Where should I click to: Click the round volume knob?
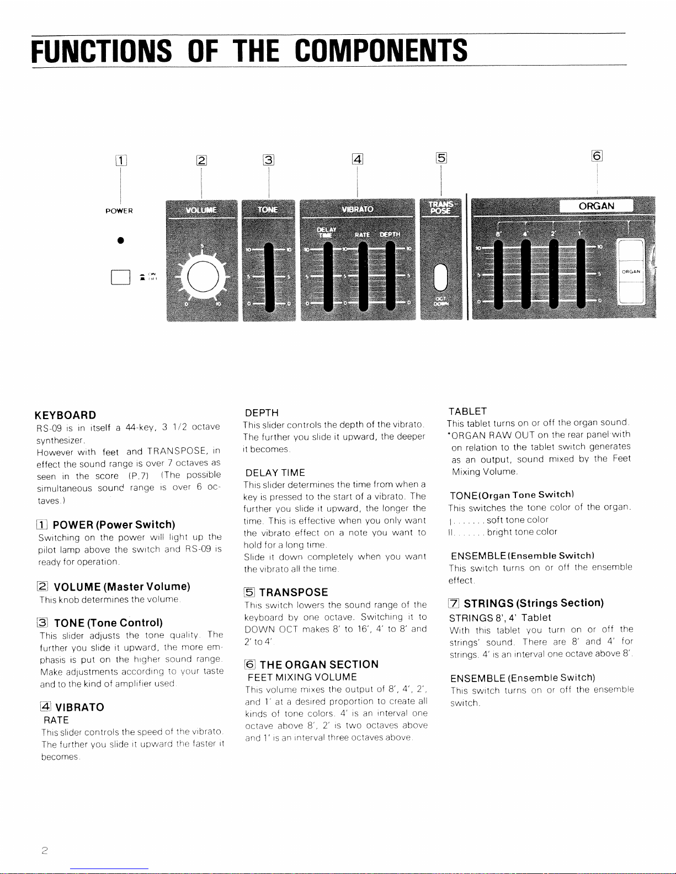coord(201,275)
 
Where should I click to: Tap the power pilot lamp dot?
coord(120,241)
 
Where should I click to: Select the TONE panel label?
coord(268,210)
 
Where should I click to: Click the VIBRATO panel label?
coord(357,210)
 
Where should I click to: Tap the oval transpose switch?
coord(441,276)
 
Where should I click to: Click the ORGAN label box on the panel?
coord(596,206)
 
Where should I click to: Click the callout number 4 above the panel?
coord(358,160)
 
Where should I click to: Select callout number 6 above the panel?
coord(597,156)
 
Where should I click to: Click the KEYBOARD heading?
coord(65,415)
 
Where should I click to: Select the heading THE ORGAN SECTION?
coord(318,664)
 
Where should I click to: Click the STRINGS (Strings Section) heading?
coord(533,603)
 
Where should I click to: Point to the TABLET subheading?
coord(468,411)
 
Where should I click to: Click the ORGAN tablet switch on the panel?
coord(631,271)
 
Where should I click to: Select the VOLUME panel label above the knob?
coord(201,210)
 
